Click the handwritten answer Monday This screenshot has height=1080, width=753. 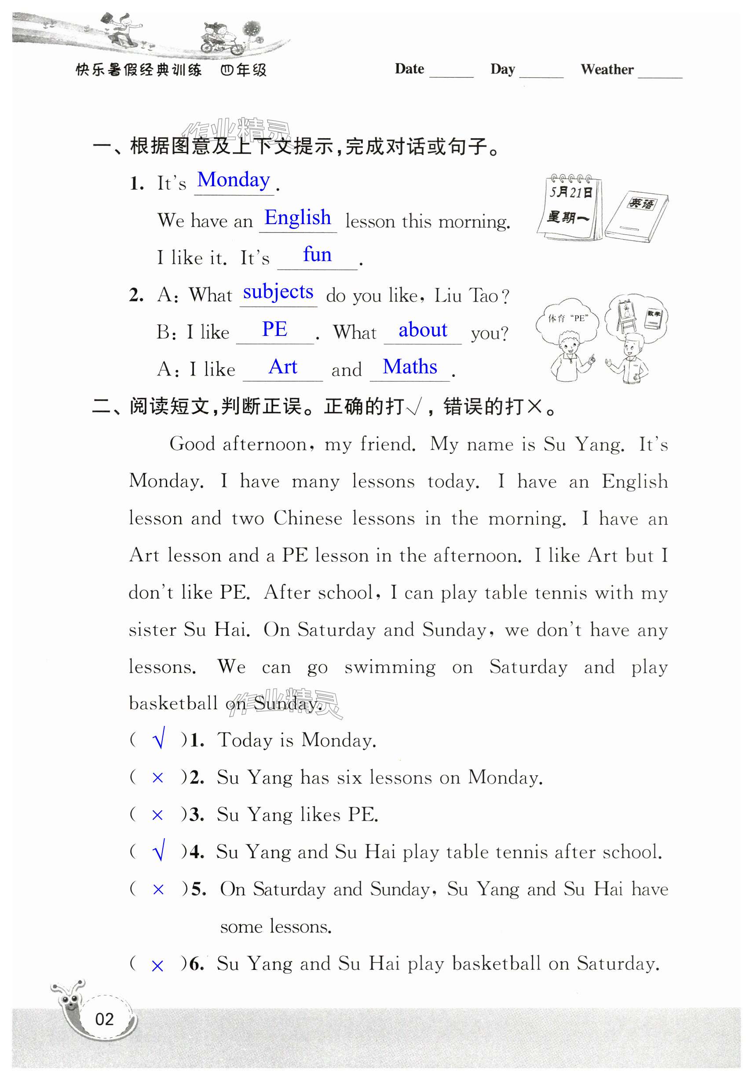(233, 180)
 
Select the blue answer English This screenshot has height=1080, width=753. (297, 218)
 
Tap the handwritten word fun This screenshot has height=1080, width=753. (317, 254)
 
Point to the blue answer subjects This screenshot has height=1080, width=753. (278, 292)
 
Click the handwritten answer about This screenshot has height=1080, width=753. (423, 330)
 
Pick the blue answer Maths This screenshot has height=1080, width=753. (410, 366)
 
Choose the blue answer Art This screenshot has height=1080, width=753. (283, 366)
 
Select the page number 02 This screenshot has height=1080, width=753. (104, 1019)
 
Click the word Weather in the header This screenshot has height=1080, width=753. (607, 70)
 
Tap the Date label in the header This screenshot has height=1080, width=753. (409, 69)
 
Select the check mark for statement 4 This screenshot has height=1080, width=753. (159, 852)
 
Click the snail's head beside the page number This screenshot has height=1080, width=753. (70, 1001)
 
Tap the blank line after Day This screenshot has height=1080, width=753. (541, 75)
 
